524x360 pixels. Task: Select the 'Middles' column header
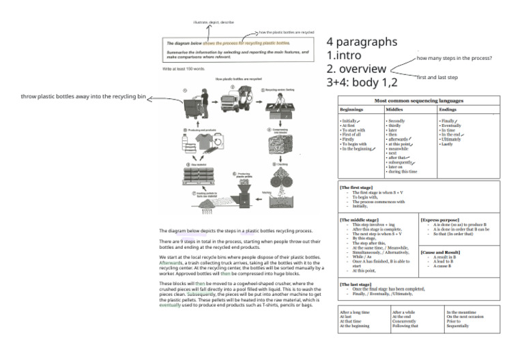[395, 109]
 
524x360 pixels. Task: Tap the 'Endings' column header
[448, 109]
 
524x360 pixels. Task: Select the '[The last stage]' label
[355, 284]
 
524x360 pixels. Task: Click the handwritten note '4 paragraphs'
[362, 42]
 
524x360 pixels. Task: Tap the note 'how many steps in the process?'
[454, 59]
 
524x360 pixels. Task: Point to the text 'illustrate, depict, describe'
[211, 22]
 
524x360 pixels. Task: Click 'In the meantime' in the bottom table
[461, 312]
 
